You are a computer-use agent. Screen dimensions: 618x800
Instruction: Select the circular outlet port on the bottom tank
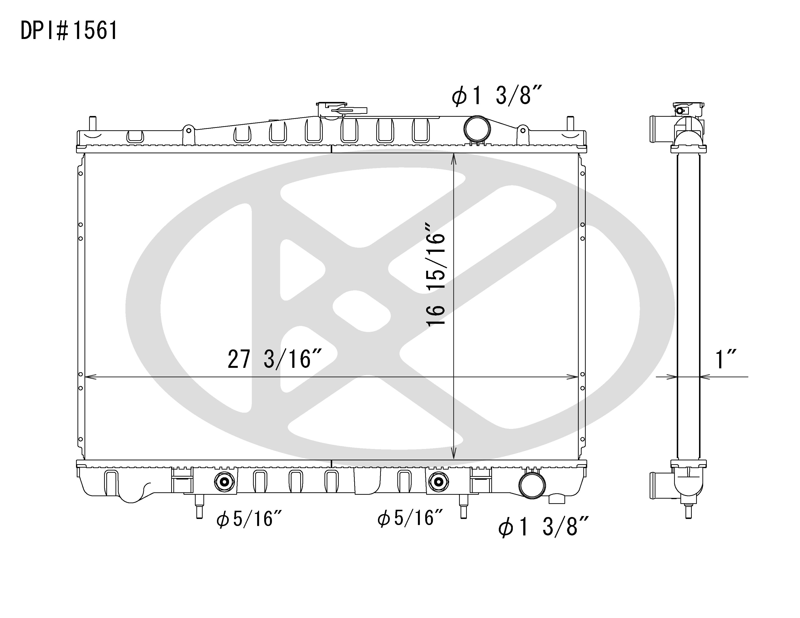(532, 485)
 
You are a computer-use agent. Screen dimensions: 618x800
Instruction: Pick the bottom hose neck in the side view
(656, 485)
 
